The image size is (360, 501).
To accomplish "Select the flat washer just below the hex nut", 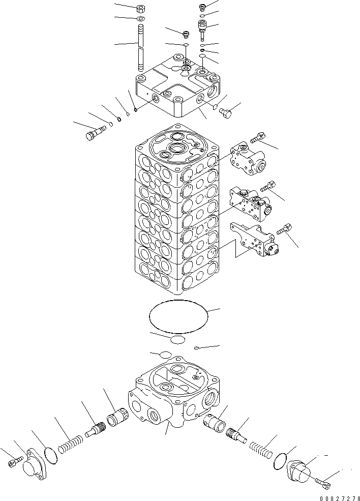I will point(141,19).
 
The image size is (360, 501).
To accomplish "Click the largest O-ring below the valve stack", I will point(178,316).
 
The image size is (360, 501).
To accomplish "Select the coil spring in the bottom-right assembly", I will point(261,450).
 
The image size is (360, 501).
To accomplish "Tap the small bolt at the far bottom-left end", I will point(14,462).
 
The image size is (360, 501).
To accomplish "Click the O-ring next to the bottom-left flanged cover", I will point(51,453).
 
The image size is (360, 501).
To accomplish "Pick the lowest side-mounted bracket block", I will point(254,241).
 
